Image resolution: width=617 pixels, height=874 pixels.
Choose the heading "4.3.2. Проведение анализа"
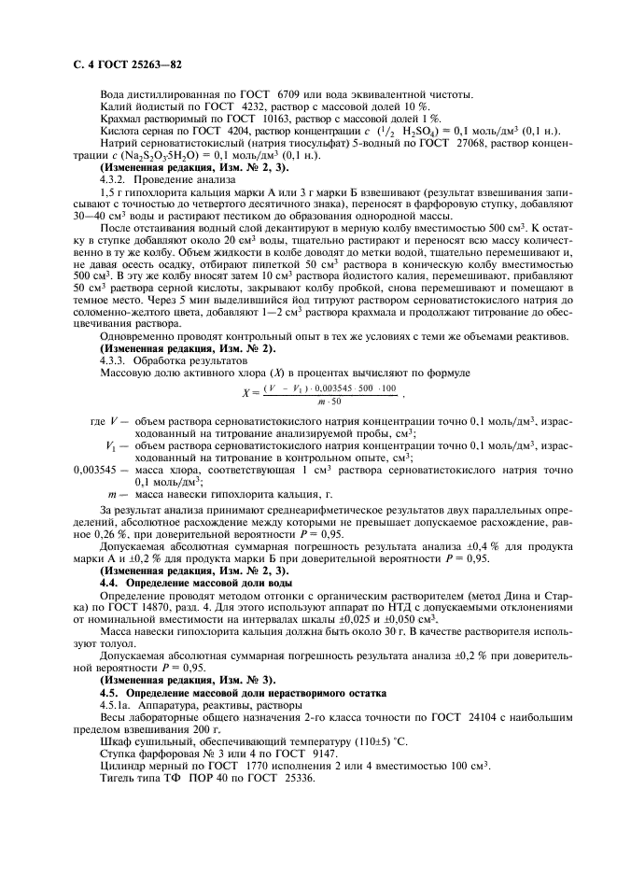pyautogui.click(x=158, y=178)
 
